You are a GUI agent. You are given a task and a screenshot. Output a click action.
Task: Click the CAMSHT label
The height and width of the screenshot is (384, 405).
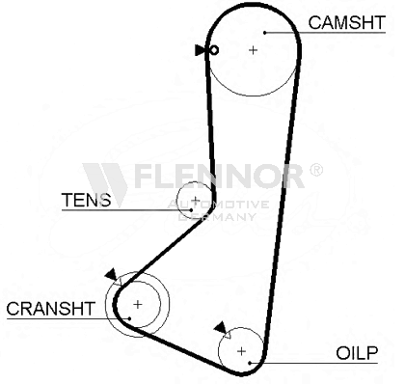346,22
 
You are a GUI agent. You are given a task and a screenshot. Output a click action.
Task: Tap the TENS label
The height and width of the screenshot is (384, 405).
86,200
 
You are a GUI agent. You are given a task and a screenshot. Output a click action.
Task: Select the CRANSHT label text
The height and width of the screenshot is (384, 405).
51,309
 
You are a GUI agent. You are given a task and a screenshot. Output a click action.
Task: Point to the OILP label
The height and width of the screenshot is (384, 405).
357,353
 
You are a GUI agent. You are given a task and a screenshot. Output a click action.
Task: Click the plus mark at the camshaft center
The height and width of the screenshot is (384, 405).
254,50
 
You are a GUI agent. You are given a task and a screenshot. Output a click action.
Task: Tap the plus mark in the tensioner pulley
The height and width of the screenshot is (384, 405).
196,200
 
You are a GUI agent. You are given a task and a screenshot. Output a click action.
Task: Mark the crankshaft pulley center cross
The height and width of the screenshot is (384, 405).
138,304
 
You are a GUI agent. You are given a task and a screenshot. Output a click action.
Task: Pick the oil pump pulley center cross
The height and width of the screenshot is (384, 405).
241,351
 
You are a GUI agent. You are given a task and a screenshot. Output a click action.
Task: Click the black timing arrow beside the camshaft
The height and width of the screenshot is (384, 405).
200,50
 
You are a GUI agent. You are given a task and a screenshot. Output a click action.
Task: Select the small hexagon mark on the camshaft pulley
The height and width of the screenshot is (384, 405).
214,50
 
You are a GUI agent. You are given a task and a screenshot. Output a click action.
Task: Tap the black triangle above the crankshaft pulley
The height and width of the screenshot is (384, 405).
111,274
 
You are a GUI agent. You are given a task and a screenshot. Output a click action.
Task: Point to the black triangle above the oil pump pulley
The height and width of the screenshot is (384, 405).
221,327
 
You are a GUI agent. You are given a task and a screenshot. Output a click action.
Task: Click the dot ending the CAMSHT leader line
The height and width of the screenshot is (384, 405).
265,33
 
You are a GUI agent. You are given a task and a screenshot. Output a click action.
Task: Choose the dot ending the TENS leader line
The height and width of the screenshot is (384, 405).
191,210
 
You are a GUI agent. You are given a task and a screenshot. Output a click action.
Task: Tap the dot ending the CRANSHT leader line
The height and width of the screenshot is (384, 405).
129,318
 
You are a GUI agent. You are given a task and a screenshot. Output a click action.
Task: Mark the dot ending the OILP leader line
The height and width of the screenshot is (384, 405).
250,363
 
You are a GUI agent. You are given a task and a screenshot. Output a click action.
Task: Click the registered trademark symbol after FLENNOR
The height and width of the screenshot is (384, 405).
315,170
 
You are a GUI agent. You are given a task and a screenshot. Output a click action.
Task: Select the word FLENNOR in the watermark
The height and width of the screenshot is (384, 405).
220,176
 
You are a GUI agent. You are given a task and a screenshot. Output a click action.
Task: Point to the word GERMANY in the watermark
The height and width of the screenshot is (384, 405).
217,216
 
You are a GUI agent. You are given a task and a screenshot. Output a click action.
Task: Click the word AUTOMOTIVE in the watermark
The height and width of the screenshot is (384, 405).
218,205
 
